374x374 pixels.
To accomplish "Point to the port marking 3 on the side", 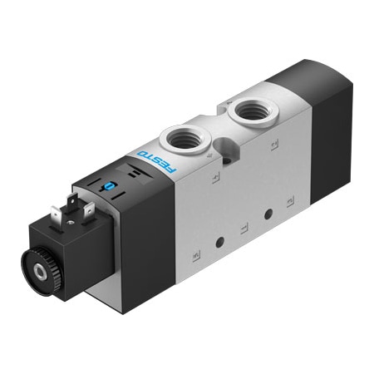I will coord(290,200).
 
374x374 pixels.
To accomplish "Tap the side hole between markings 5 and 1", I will coord(220,242).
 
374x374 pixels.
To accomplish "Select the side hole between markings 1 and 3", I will coord(268,214).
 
